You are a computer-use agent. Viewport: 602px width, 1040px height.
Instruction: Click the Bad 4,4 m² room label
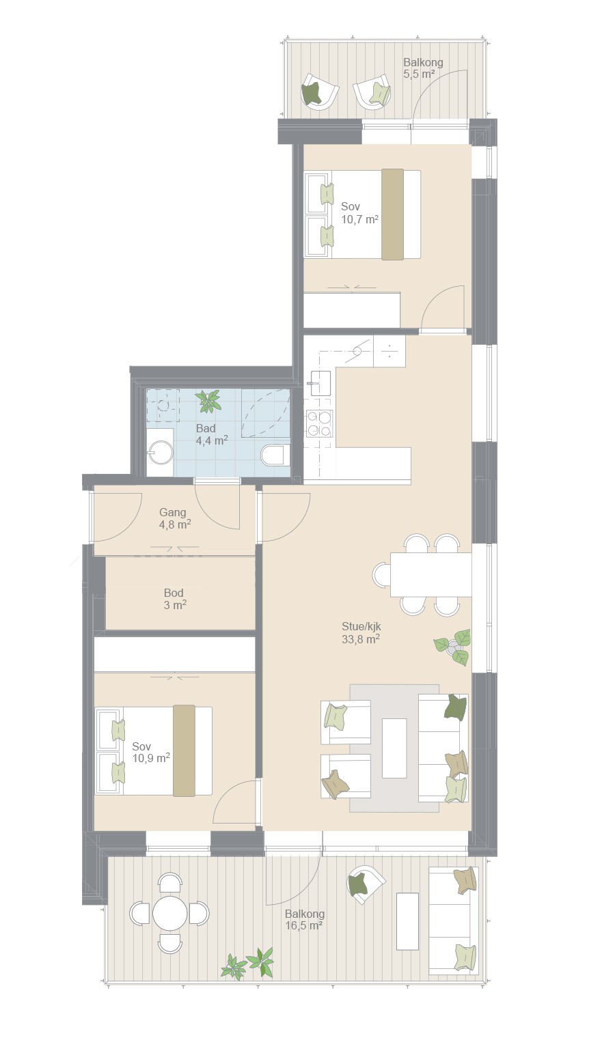point(212,434)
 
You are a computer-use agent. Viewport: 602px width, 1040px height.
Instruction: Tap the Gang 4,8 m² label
point(175,518)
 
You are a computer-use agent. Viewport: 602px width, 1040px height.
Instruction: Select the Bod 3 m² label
point(175,598)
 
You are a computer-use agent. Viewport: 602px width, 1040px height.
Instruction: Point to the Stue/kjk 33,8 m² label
point(361,632)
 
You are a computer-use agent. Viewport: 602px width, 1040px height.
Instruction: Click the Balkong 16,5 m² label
point(304,919)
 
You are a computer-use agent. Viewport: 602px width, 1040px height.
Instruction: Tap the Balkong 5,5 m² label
point(423,68)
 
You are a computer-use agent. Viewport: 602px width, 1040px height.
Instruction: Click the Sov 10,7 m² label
point(359,213)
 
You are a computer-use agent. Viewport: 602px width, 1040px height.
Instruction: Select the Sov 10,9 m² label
point(150,752)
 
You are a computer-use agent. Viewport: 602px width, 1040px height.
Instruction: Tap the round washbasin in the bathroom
point(161,452)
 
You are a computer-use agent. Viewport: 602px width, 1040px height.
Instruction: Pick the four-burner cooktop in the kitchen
point(319,424)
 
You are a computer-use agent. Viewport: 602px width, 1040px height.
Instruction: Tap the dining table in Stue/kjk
point(430,574)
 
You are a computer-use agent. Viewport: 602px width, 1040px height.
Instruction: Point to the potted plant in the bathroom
point(208,401)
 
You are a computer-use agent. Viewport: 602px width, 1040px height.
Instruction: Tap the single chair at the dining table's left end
point(381,574)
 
